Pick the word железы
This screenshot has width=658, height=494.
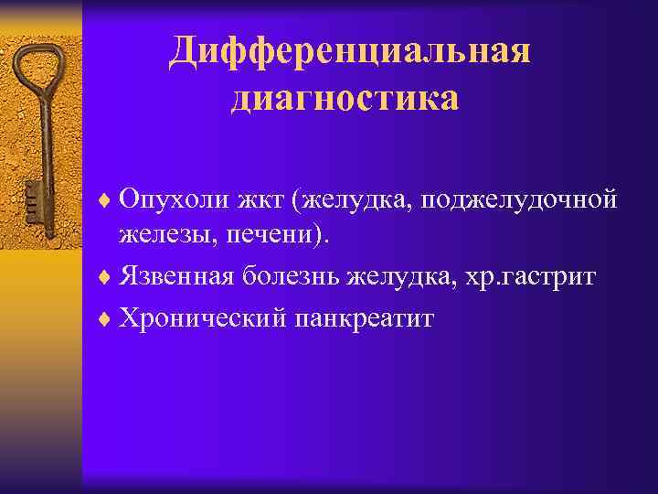[149, 236]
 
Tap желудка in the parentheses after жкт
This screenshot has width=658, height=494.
[345, 199]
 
